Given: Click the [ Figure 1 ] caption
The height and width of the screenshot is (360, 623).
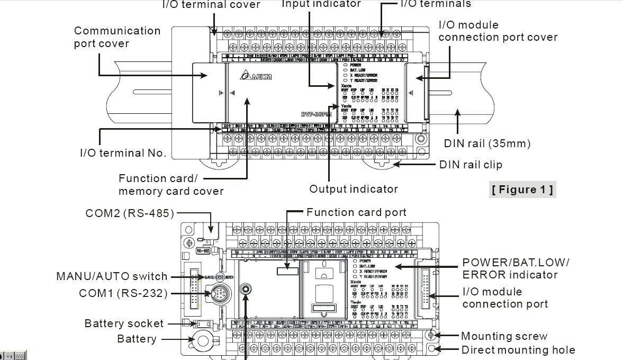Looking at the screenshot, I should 522,190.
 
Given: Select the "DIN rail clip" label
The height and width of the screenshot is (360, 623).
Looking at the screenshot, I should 471,165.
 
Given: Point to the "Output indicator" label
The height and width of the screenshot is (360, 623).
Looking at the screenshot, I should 354,189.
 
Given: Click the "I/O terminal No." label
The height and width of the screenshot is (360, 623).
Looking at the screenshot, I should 123,154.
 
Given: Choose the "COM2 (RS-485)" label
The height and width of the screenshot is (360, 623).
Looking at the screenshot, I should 130,213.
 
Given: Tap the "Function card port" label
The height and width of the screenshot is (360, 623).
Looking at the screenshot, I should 356,212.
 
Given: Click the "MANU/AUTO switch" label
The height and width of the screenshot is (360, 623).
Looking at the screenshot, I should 112,276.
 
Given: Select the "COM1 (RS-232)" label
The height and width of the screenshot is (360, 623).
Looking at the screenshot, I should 123,293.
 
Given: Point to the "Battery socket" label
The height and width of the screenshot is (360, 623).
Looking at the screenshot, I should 124,323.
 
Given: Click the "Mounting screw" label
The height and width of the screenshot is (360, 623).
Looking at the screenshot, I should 504,336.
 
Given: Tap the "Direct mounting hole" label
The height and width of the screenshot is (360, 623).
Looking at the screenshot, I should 518,350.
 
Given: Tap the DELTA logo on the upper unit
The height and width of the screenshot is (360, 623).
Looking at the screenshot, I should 256,77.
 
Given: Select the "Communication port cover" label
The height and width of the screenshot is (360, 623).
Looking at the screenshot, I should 117,37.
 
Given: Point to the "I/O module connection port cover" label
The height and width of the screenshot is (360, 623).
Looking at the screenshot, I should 498,31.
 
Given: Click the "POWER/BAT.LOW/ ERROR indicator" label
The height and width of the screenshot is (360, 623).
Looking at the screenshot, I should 516,268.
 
